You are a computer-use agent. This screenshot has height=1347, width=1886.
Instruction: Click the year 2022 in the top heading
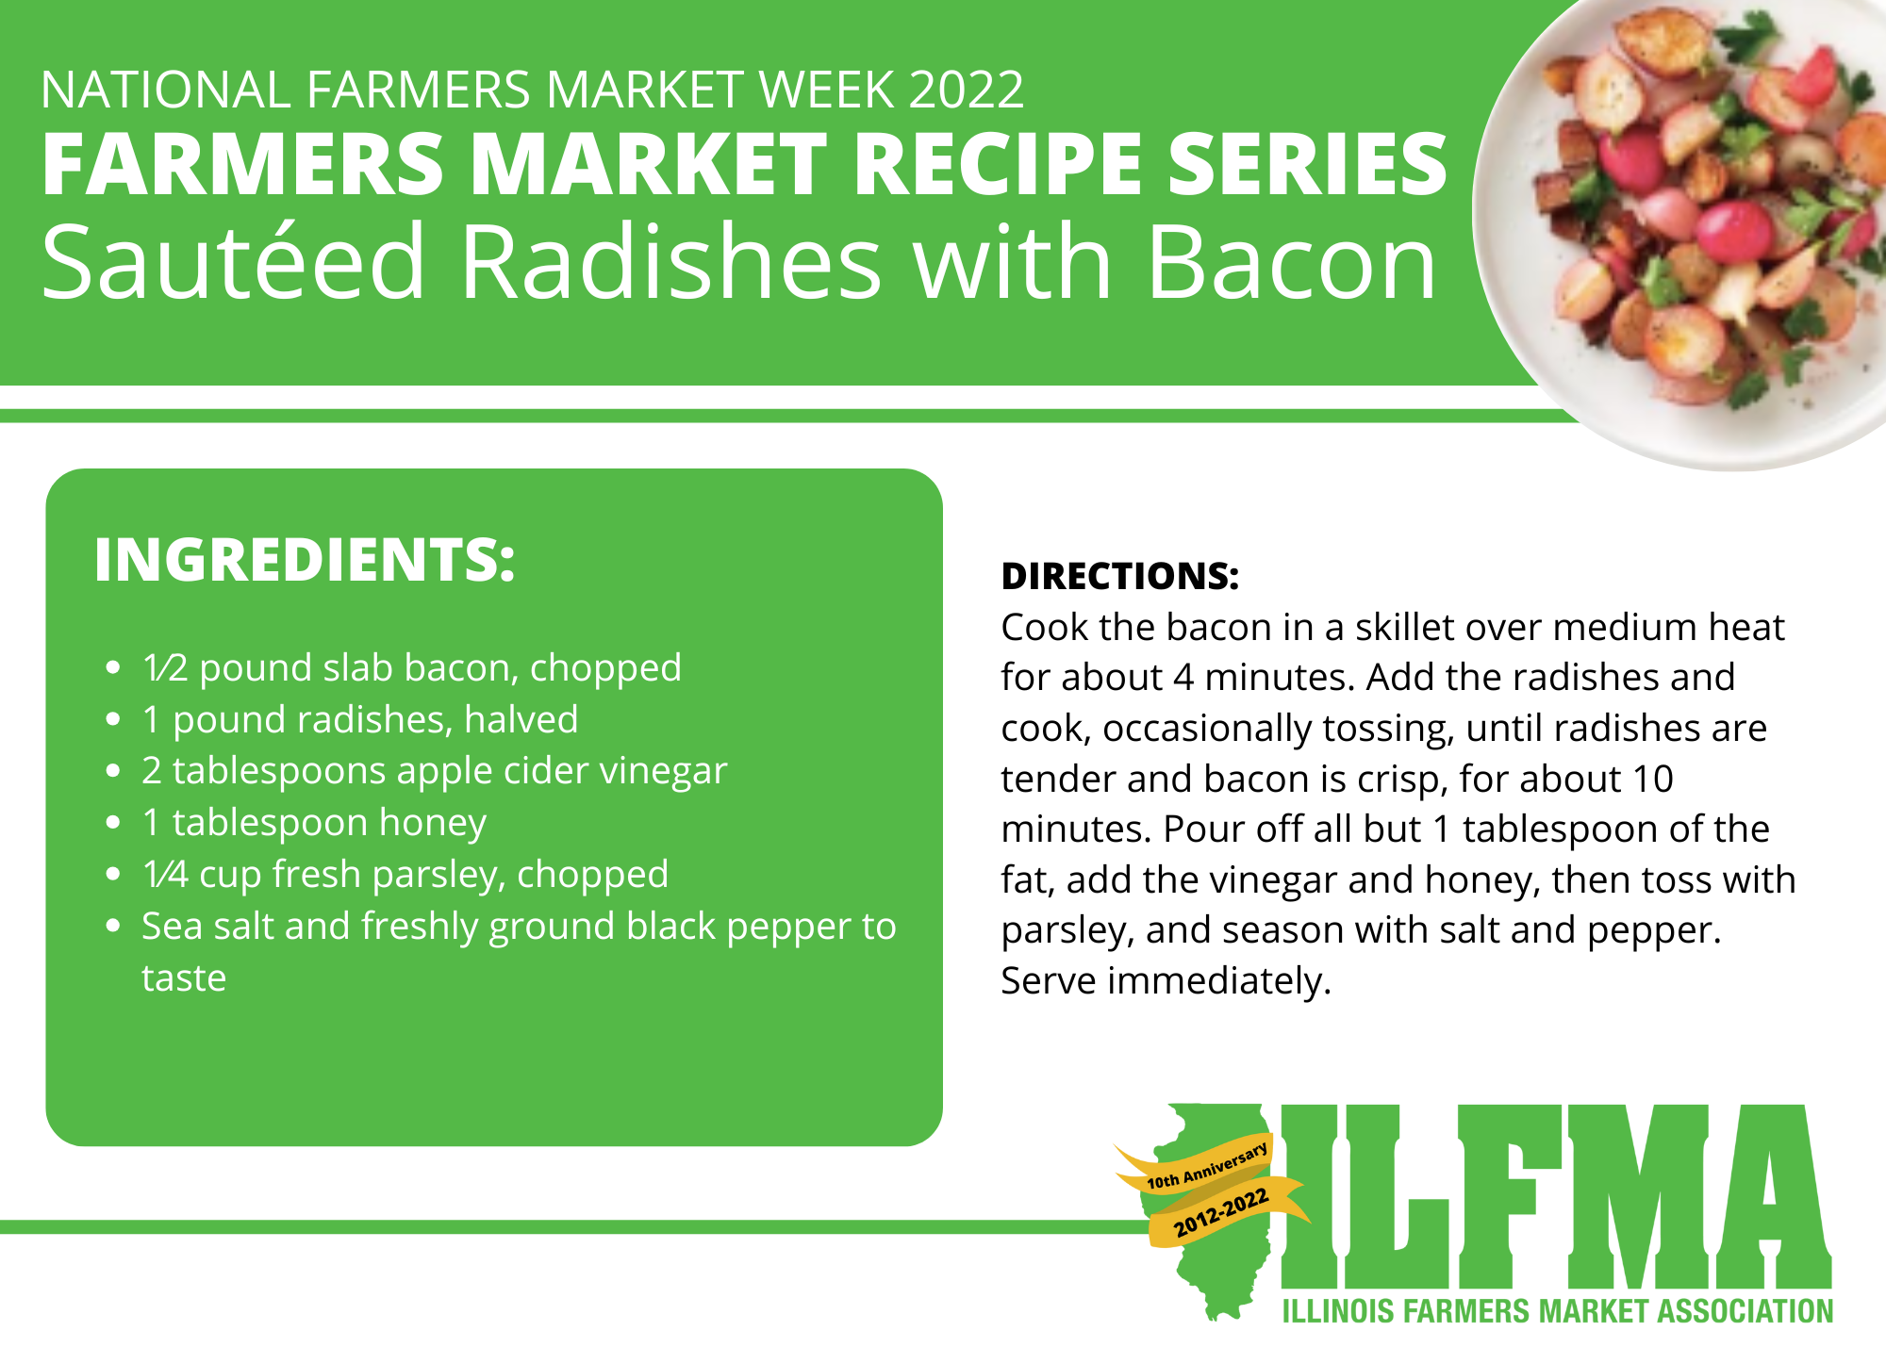point(967,90)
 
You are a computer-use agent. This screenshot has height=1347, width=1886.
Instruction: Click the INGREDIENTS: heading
point(305,560)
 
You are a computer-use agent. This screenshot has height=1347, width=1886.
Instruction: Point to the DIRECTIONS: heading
point(1120,576)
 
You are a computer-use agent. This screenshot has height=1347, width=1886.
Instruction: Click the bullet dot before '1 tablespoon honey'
point(113,823)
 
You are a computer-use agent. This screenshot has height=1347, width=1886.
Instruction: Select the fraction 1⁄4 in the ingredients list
point(166,875)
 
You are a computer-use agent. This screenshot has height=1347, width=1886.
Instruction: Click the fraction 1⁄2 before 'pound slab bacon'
point(166,668)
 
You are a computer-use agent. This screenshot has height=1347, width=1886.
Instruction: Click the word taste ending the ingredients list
point(184,978)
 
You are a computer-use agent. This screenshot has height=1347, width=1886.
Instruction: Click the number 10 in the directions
point(1653,779)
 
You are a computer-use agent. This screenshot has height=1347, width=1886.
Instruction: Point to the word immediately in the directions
point(1219,981)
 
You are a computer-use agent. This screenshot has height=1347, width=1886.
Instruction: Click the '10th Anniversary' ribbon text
point(1207,1166)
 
